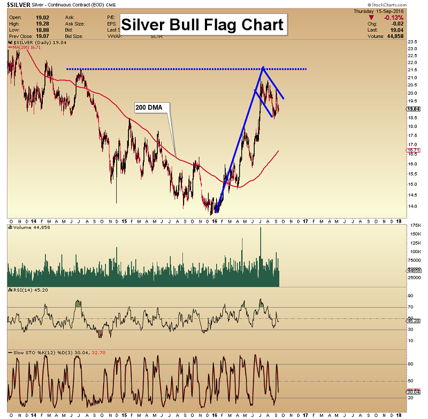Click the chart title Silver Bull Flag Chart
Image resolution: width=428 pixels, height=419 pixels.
[x=202, y=25]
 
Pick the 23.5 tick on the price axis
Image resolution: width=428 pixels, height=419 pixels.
[x=412, y=42]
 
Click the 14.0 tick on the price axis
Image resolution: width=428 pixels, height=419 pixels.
[x=412, y=206]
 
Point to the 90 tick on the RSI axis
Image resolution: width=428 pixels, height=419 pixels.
[x=411, y=295]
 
